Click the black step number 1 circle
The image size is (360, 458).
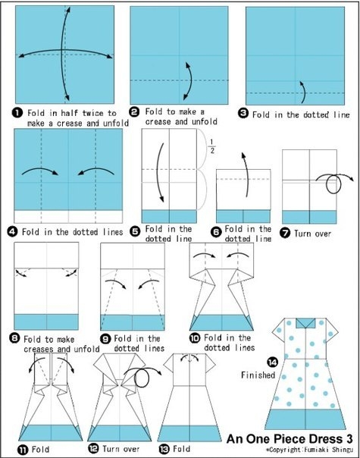17,113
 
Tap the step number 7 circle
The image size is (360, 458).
285,233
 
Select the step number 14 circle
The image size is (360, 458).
272,362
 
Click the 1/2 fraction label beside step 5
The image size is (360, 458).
212,146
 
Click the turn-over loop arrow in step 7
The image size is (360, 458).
333,184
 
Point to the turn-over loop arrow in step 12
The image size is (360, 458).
142,378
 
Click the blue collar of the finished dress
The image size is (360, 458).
305,323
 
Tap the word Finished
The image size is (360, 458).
258,375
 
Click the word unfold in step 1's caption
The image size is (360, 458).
116,124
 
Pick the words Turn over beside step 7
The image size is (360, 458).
312,234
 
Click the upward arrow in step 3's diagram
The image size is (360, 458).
303,92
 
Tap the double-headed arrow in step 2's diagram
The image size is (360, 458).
190,81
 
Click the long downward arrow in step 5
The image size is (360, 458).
158,172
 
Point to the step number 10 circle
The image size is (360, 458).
195,338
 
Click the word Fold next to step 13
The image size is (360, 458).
181,449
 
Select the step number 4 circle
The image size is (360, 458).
12,232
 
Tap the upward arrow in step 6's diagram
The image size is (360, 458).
246,174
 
